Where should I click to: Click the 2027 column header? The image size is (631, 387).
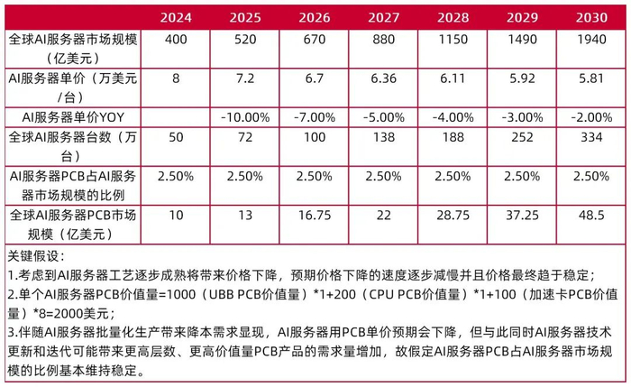(380, 16)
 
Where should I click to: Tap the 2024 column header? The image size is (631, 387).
(175, 16)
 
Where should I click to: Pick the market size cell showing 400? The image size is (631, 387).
(175, 41)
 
